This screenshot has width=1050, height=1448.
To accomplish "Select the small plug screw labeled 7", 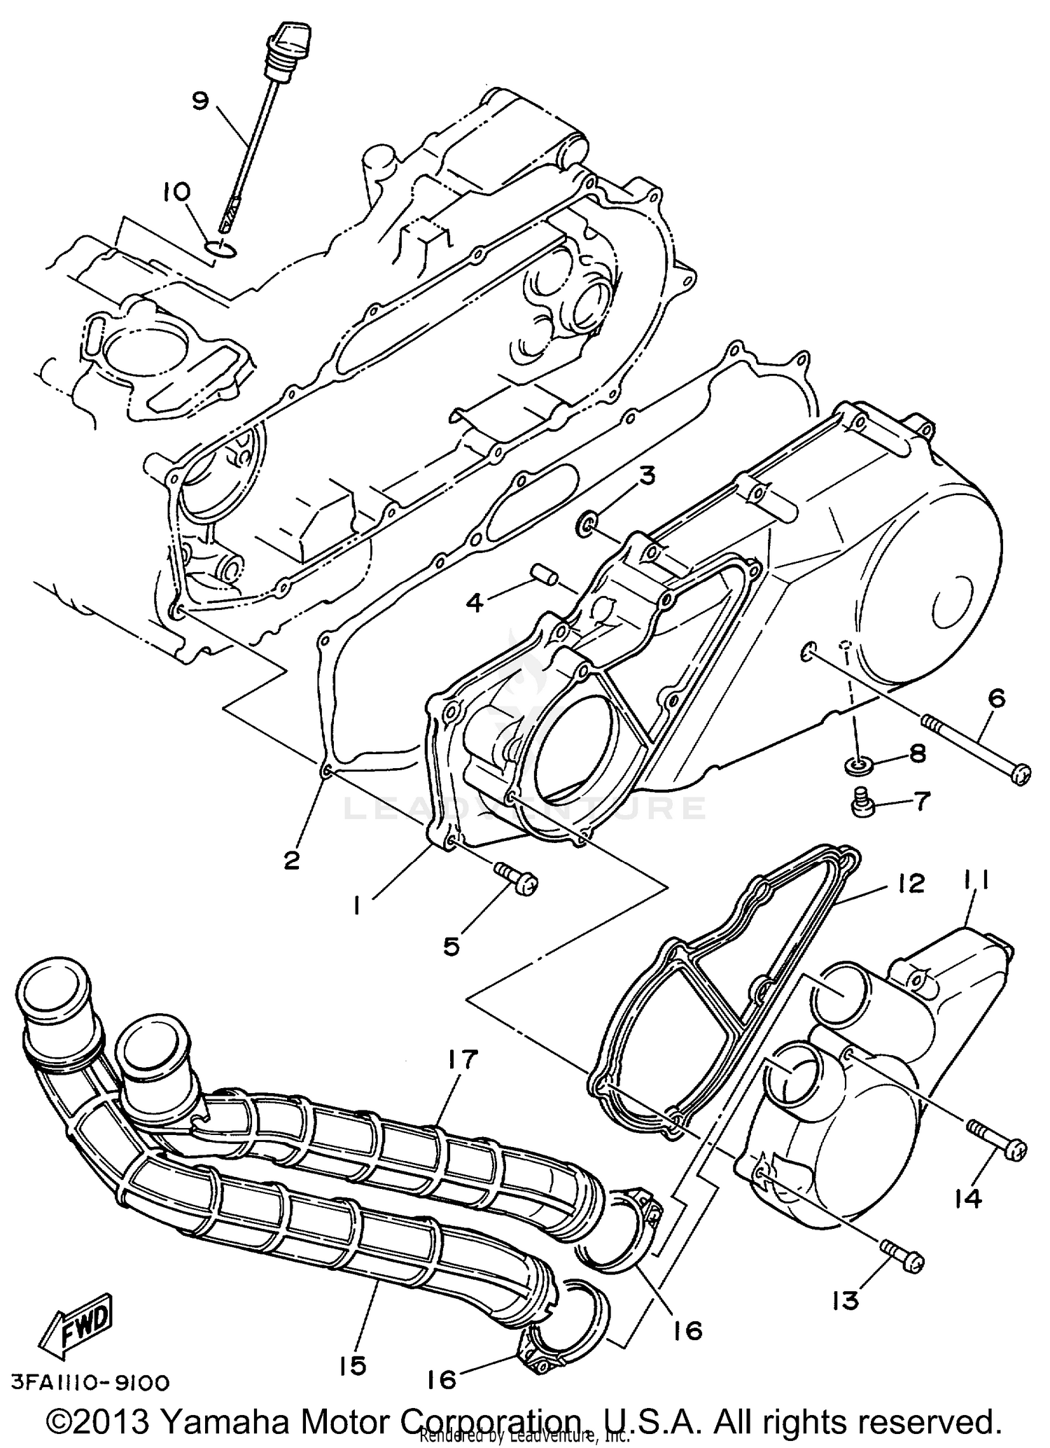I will (864, 801).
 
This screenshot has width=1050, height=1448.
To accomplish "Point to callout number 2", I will (291, 860).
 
